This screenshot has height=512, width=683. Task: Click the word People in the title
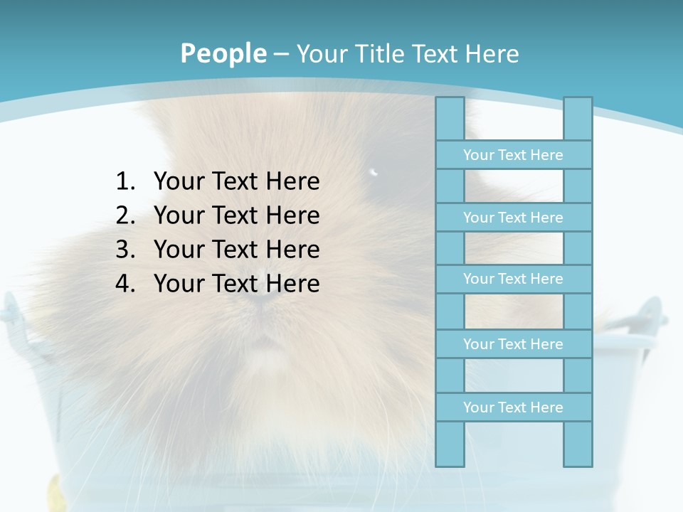coord(223,53)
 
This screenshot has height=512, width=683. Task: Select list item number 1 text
coord(236,181)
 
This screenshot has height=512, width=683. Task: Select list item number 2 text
coord(236,215)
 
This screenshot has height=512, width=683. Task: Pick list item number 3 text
coord(236,250)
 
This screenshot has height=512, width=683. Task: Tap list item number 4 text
coord(236,284)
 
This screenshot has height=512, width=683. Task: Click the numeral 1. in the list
coord(125,181)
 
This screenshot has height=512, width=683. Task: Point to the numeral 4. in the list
coord(125,284)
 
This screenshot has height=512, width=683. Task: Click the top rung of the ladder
coord(513,155)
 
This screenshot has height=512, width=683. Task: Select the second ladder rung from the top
coord(513,218)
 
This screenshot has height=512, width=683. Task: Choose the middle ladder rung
coord(513,279)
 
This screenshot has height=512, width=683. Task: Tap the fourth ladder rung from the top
coord(513,344)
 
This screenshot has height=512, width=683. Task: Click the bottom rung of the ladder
coord(513,407)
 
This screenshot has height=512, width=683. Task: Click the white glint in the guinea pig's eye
coord(374,171)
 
